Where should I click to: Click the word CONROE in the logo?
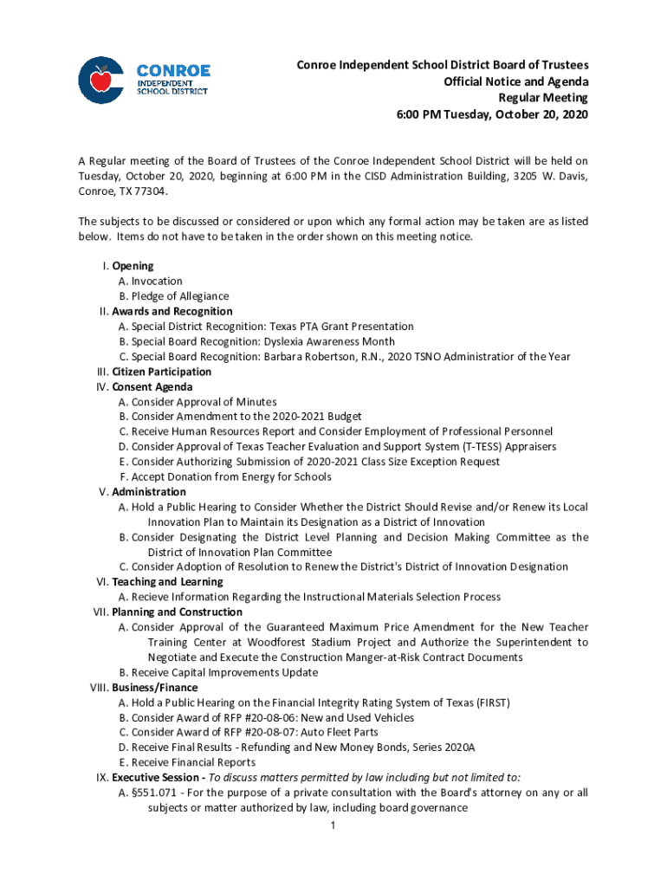point(173,69)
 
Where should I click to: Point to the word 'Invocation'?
point(157,281)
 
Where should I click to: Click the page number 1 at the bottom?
point(333,825)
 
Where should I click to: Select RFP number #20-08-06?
point(263,717)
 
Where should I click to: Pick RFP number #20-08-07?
point(263,732)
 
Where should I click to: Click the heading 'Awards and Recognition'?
point(172,311)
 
